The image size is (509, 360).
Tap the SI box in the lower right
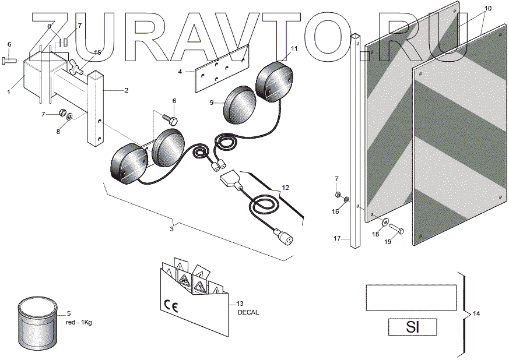[x=412, y=327]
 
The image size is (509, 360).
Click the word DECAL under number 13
[x=248, y=312]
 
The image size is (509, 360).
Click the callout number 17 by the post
[x=337, y=238]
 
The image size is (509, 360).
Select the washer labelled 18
[x=385, y=221]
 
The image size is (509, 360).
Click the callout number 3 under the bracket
[x=171, y=229]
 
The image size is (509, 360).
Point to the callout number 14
[x=476, y=314]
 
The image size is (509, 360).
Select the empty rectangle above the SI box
[x=410, y=298]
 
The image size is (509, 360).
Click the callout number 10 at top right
[x=487, y=8]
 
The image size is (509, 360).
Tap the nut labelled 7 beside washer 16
[x=338, y=194]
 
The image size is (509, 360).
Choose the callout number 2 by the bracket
[x=127, y=90]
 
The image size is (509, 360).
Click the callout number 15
[x=97, y=53]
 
